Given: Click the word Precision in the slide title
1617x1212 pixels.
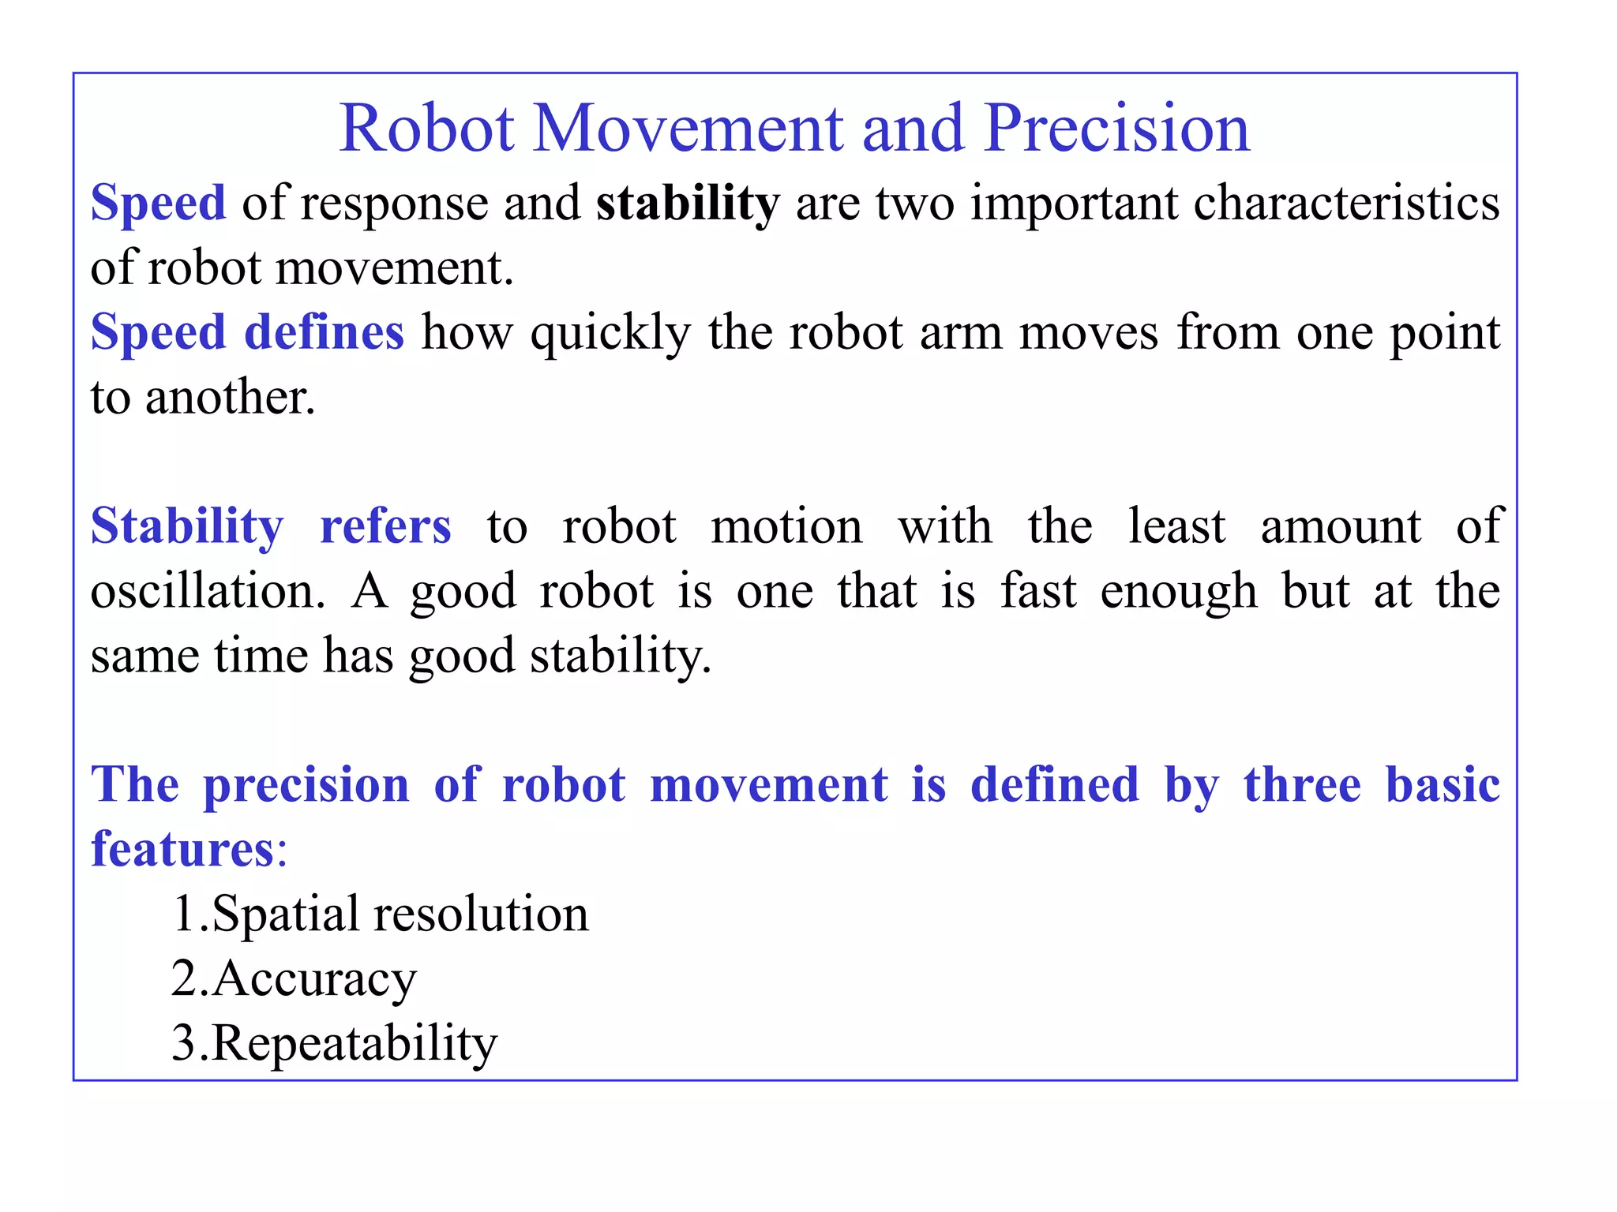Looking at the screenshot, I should coord(1116,128).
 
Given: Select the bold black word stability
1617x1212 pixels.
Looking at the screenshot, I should coord(688,204).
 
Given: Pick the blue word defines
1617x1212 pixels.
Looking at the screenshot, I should coord(324,332).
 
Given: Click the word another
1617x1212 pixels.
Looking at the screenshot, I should coord(230,397).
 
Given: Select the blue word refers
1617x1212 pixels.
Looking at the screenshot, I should coord(385,526).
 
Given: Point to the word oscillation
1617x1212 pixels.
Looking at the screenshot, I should coord(207,591).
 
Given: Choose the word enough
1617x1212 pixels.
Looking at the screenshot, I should coord(1178,593).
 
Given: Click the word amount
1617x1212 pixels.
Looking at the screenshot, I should coord(1340,526).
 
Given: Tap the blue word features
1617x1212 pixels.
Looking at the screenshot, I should coord(182,850).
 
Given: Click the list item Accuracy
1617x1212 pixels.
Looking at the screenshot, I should coord(313,980).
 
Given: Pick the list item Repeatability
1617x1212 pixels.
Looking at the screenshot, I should coord(354,1044).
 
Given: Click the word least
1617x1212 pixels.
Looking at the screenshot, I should coord(1176,526).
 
